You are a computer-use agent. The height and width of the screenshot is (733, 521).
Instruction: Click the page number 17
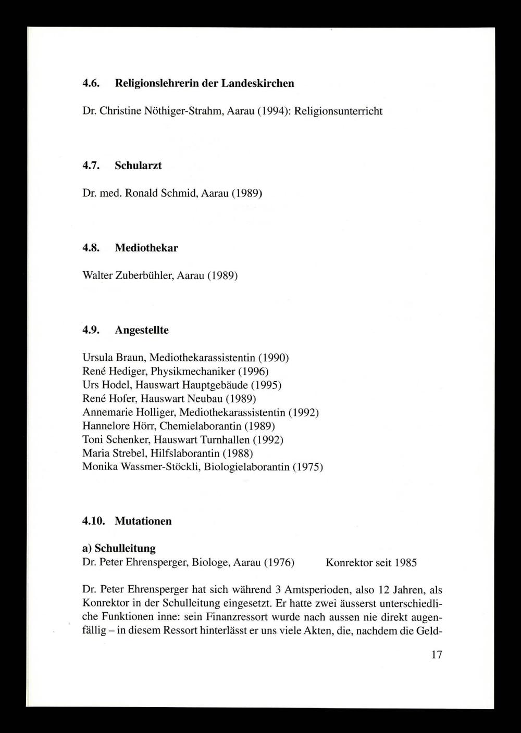point(437,654)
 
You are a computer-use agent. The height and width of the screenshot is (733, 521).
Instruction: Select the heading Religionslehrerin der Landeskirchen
point(204,83)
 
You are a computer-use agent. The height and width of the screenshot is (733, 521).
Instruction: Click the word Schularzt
point(138,166)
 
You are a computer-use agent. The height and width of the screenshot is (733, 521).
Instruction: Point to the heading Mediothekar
point(146,248)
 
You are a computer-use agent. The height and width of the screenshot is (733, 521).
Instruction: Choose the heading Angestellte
point(142,330)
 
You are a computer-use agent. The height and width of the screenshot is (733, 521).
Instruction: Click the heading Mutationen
point(143,521)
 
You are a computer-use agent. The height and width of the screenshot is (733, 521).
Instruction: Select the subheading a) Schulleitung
point(119,548)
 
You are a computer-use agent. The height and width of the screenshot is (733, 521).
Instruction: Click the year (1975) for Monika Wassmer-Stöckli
point(307,467)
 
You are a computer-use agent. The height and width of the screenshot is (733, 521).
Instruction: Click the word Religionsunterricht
point(339,111)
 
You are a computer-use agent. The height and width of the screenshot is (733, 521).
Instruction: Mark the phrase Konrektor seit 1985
point(371,563)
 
